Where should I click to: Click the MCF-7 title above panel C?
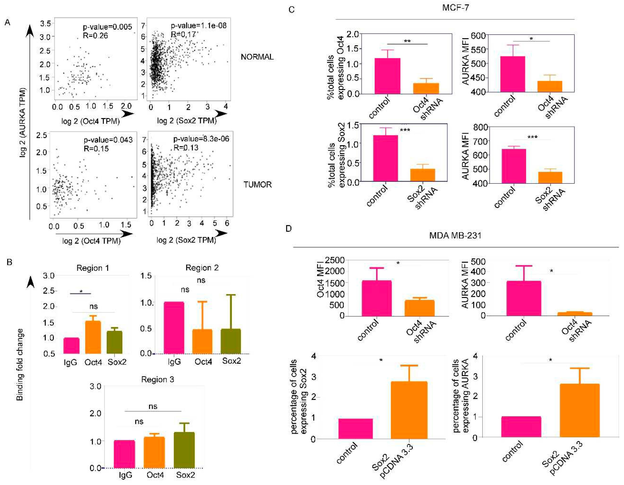455,8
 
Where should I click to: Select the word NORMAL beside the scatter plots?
257,57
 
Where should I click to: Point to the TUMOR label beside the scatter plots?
258,185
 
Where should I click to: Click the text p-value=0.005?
107,27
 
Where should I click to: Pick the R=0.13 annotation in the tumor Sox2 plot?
186,148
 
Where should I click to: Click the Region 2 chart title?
202,268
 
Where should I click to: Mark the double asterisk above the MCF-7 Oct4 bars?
407,41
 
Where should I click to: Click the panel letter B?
9,262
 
